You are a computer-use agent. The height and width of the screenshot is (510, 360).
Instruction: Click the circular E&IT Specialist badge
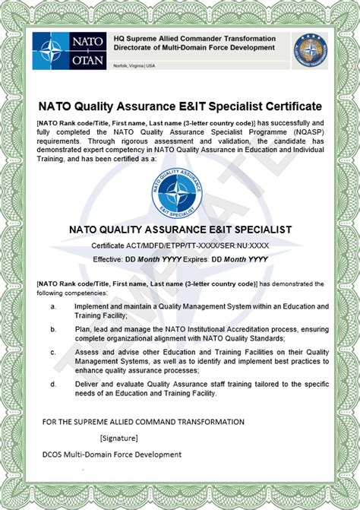click(181, 189)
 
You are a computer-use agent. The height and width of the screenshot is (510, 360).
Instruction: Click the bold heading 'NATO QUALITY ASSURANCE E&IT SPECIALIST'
click(180, 228)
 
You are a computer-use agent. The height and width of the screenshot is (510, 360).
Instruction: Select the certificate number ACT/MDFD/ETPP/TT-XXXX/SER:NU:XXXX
click(180, 245)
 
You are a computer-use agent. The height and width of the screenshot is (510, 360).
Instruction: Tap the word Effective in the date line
click(107, 259)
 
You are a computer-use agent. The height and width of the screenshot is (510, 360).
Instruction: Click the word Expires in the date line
click(197, 259)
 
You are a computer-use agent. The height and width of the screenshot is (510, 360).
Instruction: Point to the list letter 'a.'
click(54, 306)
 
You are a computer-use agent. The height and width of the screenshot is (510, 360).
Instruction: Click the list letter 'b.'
click(54, 329)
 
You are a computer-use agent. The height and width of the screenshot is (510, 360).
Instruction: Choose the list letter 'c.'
click(54, 352)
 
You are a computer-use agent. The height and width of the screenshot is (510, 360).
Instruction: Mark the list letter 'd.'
click(54, 384)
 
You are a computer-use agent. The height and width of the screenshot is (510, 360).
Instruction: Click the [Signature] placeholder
click(118, 438)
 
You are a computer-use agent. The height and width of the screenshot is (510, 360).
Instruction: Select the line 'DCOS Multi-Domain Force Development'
click(112, 455)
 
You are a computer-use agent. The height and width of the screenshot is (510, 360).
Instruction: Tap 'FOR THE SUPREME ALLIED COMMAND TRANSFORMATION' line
click(143, 421)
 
